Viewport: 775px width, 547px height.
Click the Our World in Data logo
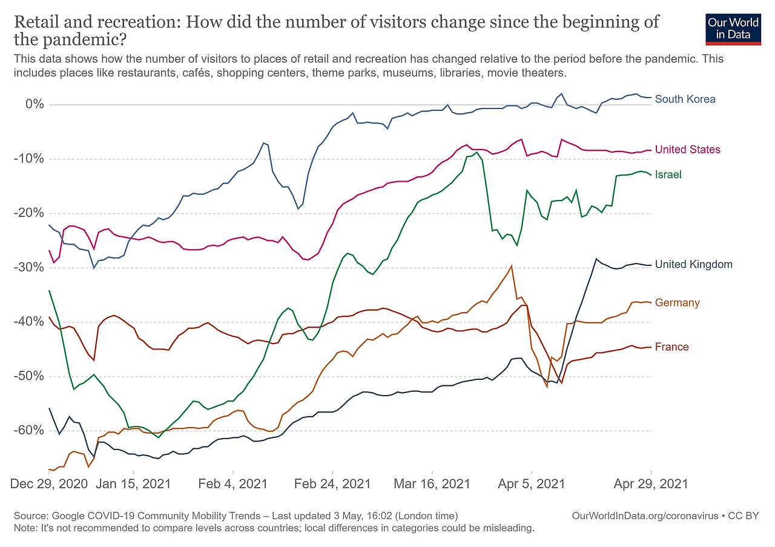tap(733, 28)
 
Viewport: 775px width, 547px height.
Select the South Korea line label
tap(685, 99)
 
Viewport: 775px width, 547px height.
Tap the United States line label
tap(687, 150)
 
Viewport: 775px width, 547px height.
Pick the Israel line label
tap(668, 174)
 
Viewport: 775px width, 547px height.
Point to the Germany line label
tap(677, 303)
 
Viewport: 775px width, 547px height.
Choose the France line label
tap(671, 347)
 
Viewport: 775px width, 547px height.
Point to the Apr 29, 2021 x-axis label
tap(651, 484)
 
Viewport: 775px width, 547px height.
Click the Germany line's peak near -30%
tap(512, 266)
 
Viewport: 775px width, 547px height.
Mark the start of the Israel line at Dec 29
tap(50, 291)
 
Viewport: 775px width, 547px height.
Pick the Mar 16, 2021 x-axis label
tap(432, 484)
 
